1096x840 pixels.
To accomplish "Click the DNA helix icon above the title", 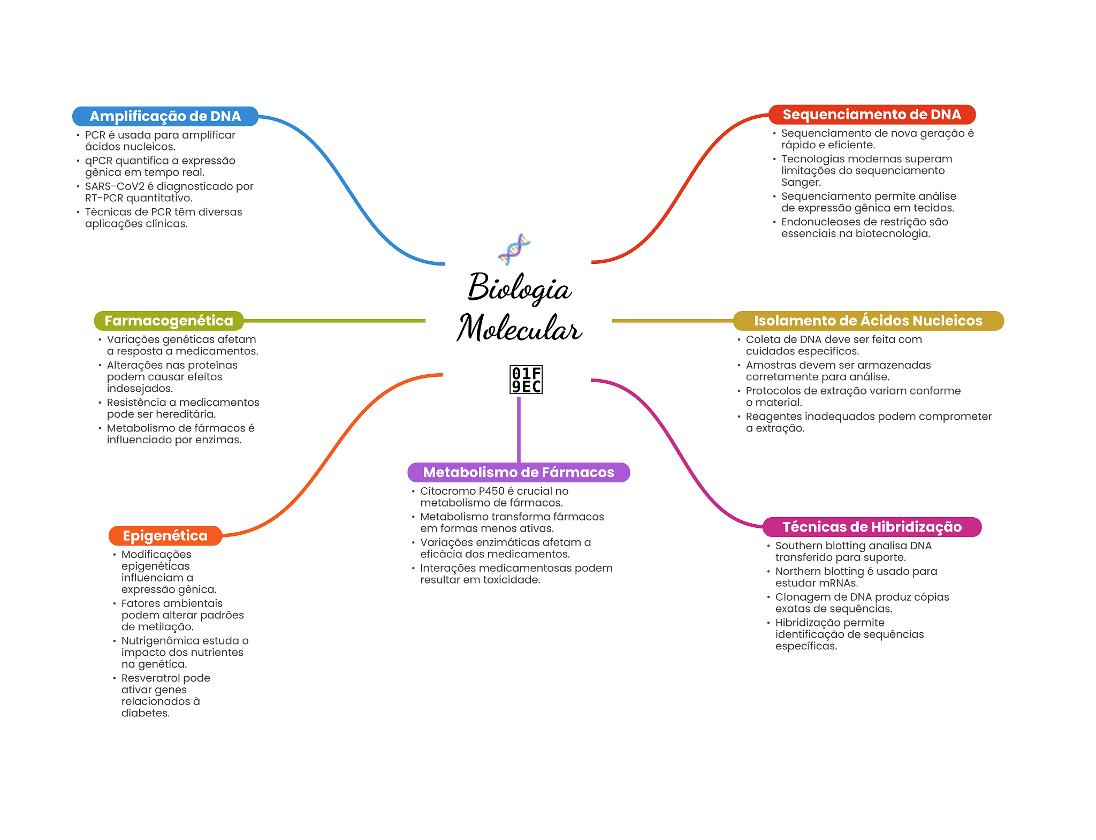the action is pyautogui.click(x=514, y=249).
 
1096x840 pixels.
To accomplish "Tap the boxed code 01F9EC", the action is pyautogui.click(x=526, y=380).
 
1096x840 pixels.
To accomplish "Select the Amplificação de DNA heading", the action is pyautogui.click(x=165, y=116).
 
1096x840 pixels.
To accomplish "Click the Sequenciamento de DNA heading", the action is pyautogui.click(x=872, y=115).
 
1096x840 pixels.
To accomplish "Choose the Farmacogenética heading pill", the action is pyautogui.click(x=169, y=321).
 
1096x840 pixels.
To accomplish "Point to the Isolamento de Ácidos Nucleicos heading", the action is pyautogui.click(x=868, y=321).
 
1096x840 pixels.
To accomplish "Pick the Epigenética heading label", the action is pyautogui.click(x=165, y=535).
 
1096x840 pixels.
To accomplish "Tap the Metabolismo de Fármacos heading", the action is pyautogui.click(x=519, y=472).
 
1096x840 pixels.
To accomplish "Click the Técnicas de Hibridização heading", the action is pyautogui.click(x=872, y=527).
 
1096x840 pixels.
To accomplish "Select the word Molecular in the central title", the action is pyautogui.click(x=519, y=328).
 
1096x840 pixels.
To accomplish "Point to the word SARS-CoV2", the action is pyautogui.click(x=115, y=186).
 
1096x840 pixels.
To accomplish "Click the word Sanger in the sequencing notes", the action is pyautogui.click(x=801, y=183).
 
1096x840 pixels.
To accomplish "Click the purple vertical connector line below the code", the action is pyautogui.click(x=519, y=428).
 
